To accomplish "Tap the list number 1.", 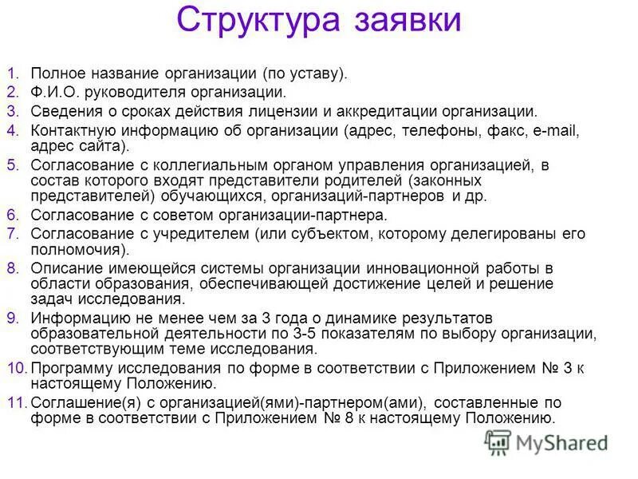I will point(12,74).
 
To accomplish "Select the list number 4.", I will point(12,129).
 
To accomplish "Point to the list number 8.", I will point(12,267).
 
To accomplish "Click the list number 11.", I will point(16,402).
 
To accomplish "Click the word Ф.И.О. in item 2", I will point(53,93).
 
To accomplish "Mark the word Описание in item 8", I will point(65,267).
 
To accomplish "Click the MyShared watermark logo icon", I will point(498,441).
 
